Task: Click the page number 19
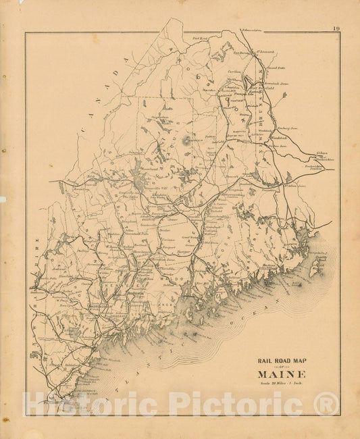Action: pyautogui.click(x=336, y=28)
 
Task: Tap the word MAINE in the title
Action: pyautogui.click(x=282, y=374)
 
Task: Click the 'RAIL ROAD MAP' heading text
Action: pyautogui.click(x=281, y=360)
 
